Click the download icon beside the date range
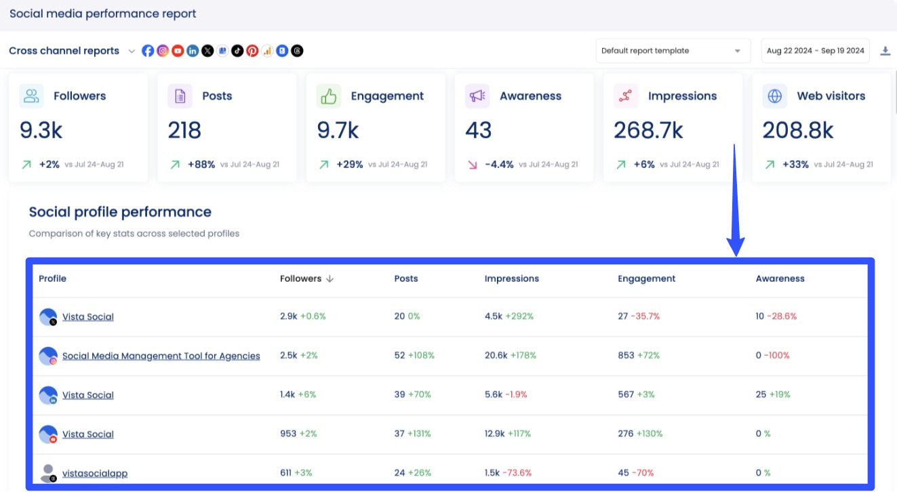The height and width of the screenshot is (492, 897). click(x=885, y=51)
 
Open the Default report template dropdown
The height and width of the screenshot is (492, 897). click(x=673, y=51)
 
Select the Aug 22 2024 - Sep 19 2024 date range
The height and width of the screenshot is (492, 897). click(x=815, y=51)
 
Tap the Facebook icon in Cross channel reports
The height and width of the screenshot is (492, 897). click(x=148, y=51)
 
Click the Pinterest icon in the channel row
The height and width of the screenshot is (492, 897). click(x=252, y=51)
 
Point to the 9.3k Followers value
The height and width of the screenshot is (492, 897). click(x=41, y=130)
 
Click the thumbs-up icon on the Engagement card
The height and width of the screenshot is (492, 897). click(x=328, y=96)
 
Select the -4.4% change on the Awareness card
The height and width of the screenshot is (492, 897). click(x=499, y=164)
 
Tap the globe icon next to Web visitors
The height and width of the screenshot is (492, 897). click(x=774, y=96)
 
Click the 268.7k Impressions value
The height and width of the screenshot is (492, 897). click(x=648, y=130)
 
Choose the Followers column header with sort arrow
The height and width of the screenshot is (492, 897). click(x=306, y=279)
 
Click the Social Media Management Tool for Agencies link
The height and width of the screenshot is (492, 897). click(x=161, y=356)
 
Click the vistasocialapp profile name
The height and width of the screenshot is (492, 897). click(x=94, y=474)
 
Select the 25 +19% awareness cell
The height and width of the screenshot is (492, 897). click(x=773, y=394)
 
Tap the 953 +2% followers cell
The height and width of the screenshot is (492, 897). click(x=298, y=434)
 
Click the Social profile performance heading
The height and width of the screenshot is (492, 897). click(x=120, y=212)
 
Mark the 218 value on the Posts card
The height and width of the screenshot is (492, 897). click(x=184, y=130)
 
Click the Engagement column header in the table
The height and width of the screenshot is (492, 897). click(x=646, y=279)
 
